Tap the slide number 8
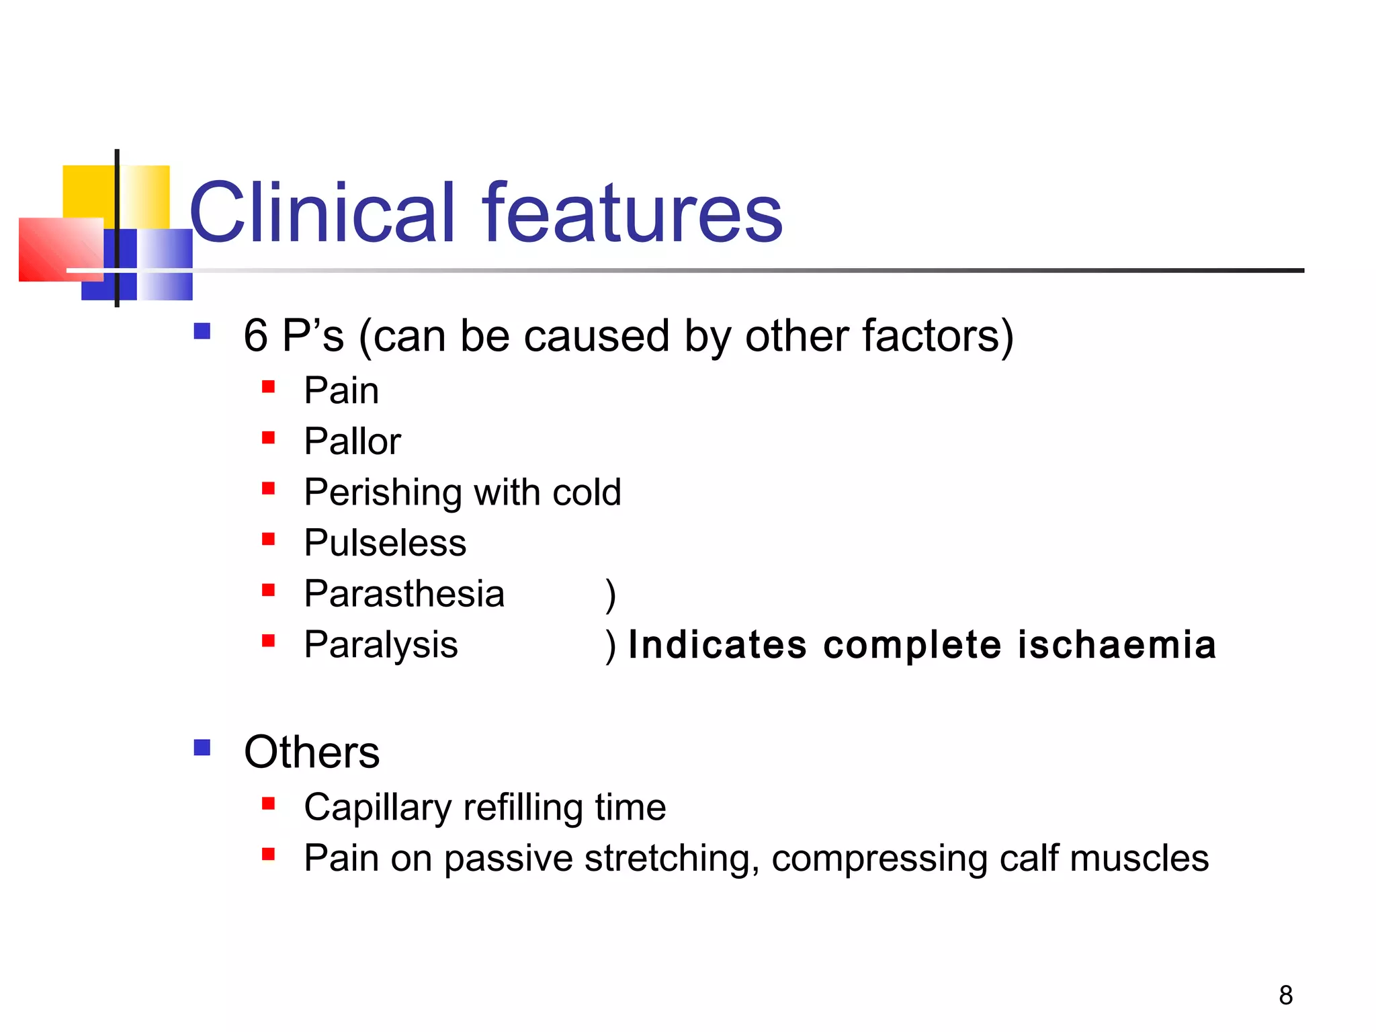point(1285,995)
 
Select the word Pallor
point(352,441)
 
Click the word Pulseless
point(385,543)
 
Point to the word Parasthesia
point(404,594)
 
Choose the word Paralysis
point(380,645)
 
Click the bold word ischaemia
point(1117,645)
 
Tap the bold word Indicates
point(717,645)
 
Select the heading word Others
point(312,752)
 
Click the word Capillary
point(377,808)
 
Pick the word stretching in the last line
point(671,859)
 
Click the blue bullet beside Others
point(202,748)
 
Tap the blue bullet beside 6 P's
point(202,331)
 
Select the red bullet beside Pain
point(269,386)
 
